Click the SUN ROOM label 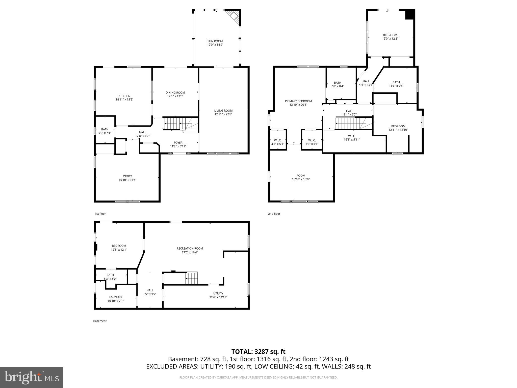pos(215,41)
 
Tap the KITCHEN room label pos(124,96)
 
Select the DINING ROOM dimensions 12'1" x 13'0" pos(175,96)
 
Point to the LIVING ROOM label pos(223,111)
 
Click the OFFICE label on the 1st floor pos(127,176)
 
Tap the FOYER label pos(178,143)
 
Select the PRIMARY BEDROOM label pos(298,101)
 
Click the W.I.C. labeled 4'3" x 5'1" pos(277,142)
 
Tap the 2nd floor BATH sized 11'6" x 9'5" pos(396,84)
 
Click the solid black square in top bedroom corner pos(410,14)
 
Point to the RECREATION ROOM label pos(190,249)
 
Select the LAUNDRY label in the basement pos(116,297)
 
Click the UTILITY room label pos(218,294)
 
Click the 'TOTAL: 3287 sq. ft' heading pos(258,352)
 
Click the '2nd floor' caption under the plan pos(274,214)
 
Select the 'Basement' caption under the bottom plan pos(100,321)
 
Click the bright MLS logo pos(32,377)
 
